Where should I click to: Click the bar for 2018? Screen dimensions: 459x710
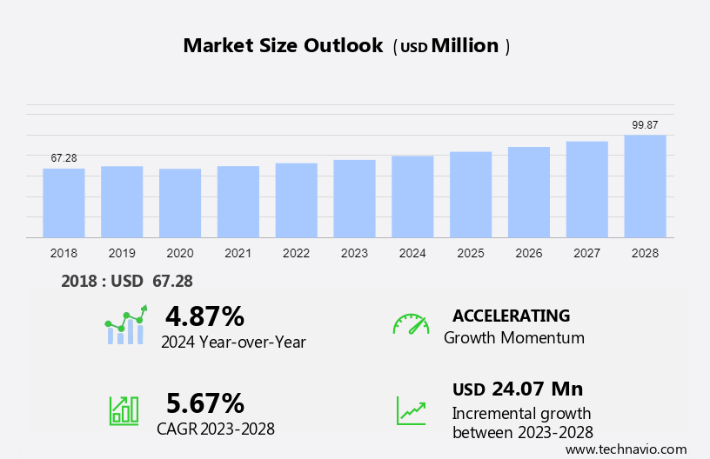coord(64,203)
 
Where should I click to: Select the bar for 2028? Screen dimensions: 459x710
coord(645,186)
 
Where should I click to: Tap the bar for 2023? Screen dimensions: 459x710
coord(354,198)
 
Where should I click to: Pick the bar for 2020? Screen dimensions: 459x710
coord(180,203)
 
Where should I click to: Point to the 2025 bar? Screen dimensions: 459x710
coord(471,195)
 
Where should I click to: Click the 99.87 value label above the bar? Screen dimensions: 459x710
coord(645,125)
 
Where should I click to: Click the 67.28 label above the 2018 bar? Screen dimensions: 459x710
coord(64,158)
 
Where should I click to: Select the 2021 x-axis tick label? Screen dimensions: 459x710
coord(238,253)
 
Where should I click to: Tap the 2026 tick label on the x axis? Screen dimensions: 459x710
coord(528,253)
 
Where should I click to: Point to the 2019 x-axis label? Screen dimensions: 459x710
coord(122,253)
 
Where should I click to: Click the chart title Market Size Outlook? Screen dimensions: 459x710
coord(283,46)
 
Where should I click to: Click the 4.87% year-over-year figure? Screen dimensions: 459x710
coord(204,316)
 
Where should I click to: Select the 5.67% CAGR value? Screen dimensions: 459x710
coord(204,402)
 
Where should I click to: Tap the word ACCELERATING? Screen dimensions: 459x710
coord(511,316)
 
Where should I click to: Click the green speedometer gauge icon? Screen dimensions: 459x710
coord(411,324)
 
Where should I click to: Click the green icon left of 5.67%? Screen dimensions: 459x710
coord(124,409)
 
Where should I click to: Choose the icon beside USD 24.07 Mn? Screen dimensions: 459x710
coord(411,410)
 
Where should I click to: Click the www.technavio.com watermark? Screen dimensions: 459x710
coord(626,449)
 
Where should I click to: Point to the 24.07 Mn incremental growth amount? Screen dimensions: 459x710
coord(537,389)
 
